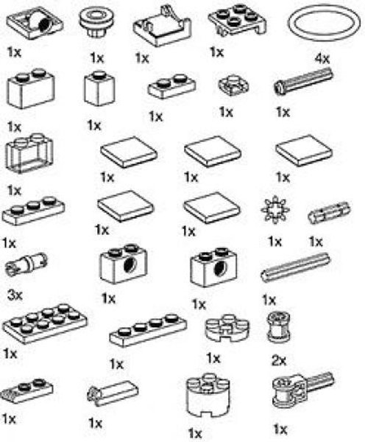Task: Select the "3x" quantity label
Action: tap(15, 295)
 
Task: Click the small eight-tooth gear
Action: tap(274, 213)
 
